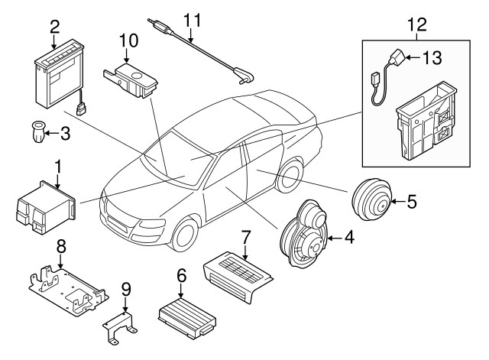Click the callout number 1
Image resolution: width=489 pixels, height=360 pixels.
(57, 165)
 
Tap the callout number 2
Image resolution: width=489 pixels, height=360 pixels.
(54, 27)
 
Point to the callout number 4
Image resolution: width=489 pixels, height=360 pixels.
(348, 238)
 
